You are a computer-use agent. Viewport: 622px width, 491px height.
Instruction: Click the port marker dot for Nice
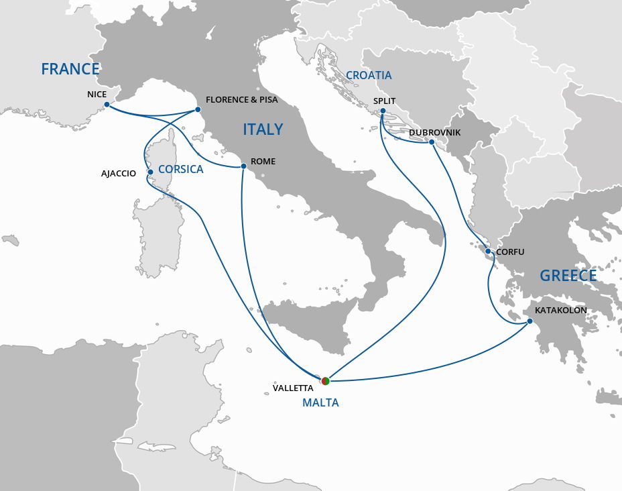(x=107, y=105)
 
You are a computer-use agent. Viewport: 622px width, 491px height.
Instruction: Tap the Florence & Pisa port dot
(x=198, y=109)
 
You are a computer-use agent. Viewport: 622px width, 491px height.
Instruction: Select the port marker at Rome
(x=243, y=166)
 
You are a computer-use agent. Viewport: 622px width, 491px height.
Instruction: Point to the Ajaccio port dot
(x=150, y=172)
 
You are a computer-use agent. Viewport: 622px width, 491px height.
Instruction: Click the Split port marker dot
(x=383, y=111)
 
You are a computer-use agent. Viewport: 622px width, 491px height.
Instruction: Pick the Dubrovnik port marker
(x=432, y=142)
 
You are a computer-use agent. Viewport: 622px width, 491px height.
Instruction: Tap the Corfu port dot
(x=489, y=252)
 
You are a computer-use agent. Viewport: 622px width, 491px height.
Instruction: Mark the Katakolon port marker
(x=530, y=321)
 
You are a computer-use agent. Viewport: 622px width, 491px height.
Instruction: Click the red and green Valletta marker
(x=326, y=381)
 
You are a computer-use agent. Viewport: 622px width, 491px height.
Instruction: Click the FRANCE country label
(x=70, y=69)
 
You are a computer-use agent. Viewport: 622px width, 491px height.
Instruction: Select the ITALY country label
(x=263, y=129)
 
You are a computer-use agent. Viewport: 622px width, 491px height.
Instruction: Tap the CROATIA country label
(x=369, y=75)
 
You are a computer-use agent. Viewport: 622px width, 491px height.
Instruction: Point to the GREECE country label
(x=568, y=276)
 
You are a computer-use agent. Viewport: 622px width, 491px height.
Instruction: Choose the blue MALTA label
(x=320, y=403)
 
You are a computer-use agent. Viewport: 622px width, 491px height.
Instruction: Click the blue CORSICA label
(x=181, y=170)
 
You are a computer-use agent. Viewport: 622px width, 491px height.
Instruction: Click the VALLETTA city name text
(x=293, y=388)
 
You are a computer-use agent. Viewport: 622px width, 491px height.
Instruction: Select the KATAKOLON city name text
(x=560, y=311)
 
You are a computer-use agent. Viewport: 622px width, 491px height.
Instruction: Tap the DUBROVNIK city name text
(x=434, y=133)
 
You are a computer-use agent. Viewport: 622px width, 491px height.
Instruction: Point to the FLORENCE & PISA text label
(x=241, y=100)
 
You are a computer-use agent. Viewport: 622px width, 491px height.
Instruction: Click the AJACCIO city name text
(x=119, y=174)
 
